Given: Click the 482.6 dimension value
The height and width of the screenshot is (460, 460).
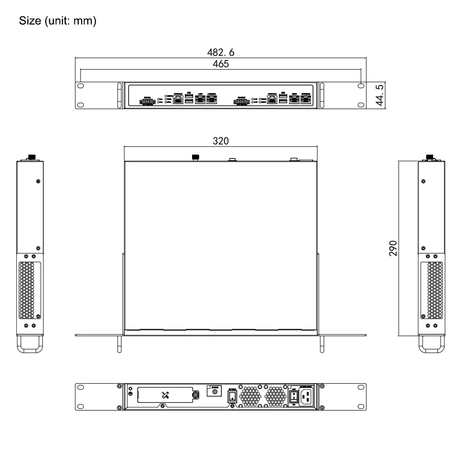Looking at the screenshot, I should [220, 52].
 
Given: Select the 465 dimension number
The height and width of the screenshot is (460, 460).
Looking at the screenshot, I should [220, 63].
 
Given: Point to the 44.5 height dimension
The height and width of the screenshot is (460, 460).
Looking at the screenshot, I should [380, 96].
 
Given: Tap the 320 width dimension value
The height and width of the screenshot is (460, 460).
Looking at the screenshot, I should [220, 141].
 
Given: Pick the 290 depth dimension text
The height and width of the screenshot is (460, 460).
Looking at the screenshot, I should [393, 248].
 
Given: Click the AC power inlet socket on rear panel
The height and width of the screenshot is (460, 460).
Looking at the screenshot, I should [307, 397].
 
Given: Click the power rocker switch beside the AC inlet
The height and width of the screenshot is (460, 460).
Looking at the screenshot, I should [294, 397].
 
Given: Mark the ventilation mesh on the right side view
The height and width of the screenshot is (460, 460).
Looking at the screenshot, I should [435, 291].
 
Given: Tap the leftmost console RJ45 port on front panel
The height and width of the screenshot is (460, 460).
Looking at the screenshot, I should [178, 100].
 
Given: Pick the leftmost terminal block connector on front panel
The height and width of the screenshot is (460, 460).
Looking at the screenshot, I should [147, 102].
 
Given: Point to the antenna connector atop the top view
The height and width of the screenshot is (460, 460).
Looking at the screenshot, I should [195, 157].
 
